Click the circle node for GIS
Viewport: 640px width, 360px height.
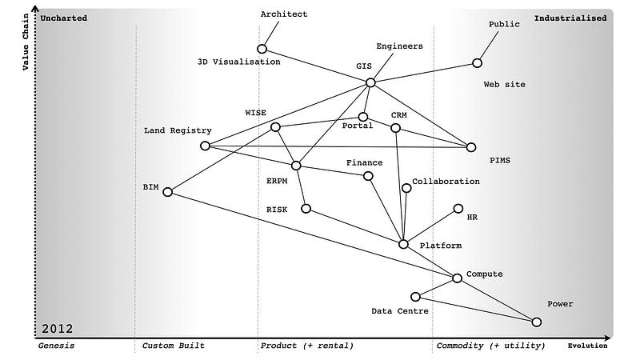click(x=370, y=82)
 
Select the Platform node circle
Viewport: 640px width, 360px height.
click(x=403, y=243)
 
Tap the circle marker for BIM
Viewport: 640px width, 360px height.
click(x=168, y=192)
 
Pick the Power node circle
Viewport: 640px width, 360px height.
click(x=536, y=322)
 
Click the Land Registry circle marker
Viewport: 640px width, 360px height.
click(x=205, y=146)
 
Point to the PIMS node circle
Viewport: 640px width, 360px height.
click(x=471, y=147)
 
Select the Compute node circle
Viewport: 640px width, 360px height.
click(x=457, y=278)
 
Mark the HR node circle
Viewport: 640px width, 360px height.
click(x=458, y=208)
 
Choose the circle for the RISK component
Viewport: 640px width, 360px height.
click(x=306, y=208)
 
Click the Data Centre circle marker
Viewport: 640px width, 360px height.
click(x=415, y=297)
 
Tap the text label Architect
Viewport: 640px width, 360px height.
click(x=284, y=14)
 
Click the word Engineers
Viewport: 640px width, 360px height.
click(x=399, y=46)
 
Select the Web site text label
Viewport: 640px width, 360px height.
click(x=505, y=84)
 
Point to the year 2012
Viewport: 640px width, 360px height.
click(x=58, y=328)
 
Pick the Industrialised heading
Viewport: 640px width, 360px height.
click(x=570, y=18)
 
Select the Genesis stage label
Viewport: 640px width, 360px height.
click(x=56, y=346)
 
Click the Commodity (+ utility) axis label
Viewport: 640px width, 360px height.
click(x=490, y=346)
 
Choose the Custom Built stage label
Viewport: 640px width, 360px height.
click(x=173, y=346)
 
